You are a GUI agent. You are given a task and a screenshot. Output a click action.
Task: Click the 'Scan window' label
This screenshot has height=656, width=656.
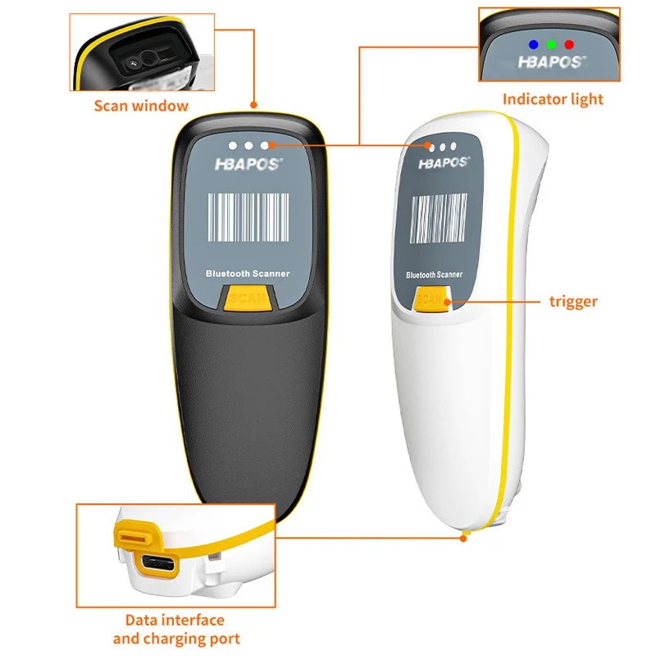[x=141, y=105]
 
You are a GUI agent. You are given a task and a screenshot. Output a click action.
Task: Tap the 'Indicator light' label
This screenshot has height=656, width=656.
[x=553, y=99]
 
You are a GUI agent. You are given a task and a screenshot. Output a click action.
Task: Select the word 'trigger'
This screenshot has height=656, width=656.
[x=573, y=301]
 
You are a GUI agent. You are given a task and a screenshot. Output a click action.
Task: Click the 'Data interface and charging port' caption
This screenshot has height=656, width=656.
[x=176, y=629]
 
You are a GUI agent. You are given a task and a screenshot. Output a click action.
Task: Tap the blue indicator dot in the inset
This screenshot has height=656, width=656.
[x=533, y=43]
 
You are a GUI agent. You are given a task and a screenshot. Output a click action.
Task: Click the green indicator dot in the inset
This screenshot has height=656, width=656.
[x=551, y=43]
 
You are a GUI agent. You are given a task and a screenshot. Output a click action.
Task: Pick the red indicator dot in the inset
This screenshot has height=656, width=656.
[x=569, y=43]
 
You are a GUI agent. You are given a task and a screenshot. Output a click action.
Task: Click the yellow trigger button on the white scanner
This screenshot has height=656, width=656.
[x=430, y=300]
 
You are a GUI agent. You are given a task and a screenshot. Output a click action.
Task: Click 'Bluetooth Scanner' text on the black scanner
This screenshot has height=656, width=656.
[x=247, y=274]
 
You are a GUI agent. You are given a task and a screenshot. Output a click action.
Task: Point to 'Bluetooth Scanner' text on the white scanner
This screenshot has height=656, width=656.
[x=434, y=275]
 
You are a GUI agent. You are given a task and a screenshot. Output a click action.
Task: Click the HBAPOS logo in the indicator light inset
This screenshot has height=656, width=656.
[x=551, y=61]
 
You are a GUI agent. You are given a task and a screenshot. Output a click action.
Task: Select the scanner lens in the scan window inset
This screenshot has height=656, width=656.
[x=148, y=60]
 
